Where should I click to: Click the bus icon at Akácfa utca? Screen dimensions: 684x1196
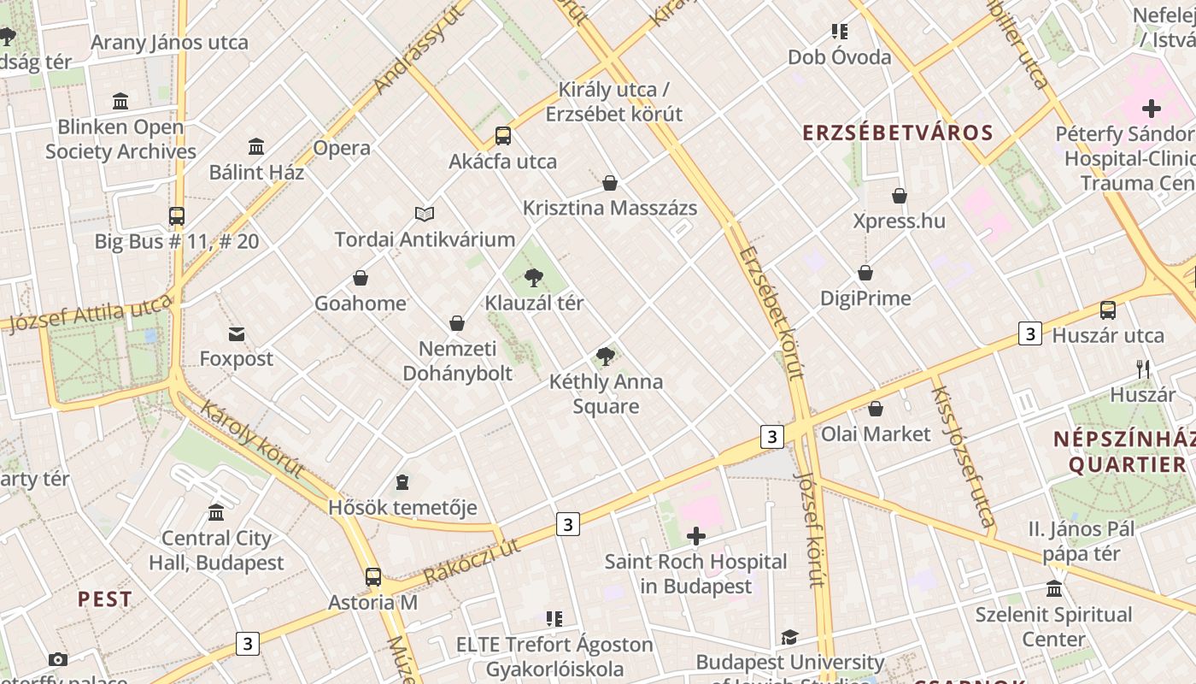(503, 135)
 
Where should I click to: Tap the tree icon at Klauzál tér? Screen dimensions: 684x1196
(534, 277)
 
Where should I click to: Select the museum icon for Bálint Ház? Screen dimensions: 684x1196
(256, 146)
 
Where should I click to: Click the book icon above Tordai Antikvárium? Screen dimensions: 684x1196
(425, 214)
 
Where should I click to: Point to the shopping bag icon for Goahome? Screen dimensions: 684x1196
(361, 278)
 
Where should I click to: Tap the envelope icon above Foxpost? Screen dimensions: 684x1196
(236, 333)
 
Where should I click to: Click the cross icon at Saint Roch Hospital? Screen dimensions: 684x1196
(696, 536)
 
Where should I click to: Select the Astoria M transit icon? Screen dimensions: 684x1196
(373, 576)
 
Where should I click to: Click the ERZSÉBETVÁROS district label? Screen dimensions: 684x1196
(897, 133)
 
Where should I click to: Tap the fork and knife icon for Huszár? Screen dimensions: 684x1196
(1143, 369)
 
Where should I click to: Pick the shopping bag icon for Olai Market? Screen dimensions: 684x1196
(876, 409)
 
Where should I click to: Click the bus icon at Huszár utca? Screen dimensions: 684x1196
(1108, 310)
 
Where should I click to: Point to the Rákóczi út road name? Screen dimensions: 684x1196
(472, 562)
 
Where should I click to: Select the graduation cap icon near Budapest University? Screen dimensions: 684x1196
(789, 637)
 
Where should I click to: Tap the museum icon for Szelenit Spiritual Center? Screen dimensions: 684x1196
(1054, 589)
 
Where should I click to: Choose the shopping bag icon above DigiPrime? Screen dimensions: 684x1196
(865, 273)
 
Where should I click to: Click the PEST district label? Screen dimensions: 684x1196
(105, 598)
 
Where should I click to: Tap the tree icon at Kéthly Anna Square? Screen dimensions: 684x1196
(606, 356)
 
